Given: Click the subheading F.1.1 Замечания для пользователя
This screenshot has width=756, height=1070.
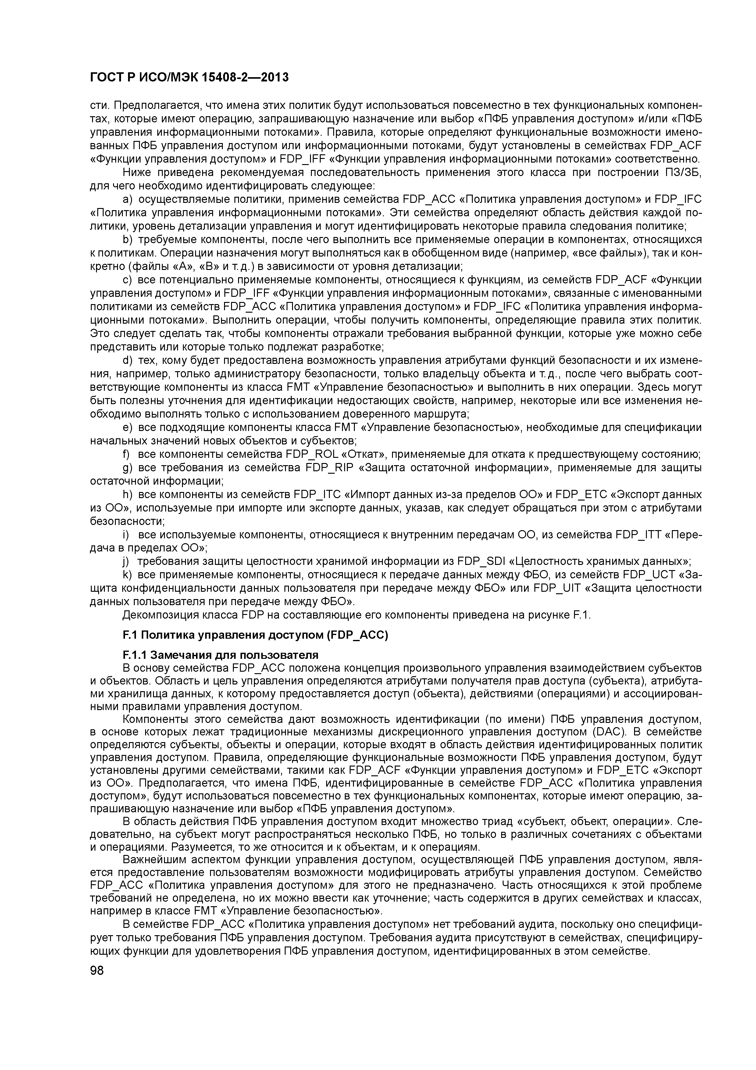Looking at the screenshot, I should pyautogui.click(x=220, y=655).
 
